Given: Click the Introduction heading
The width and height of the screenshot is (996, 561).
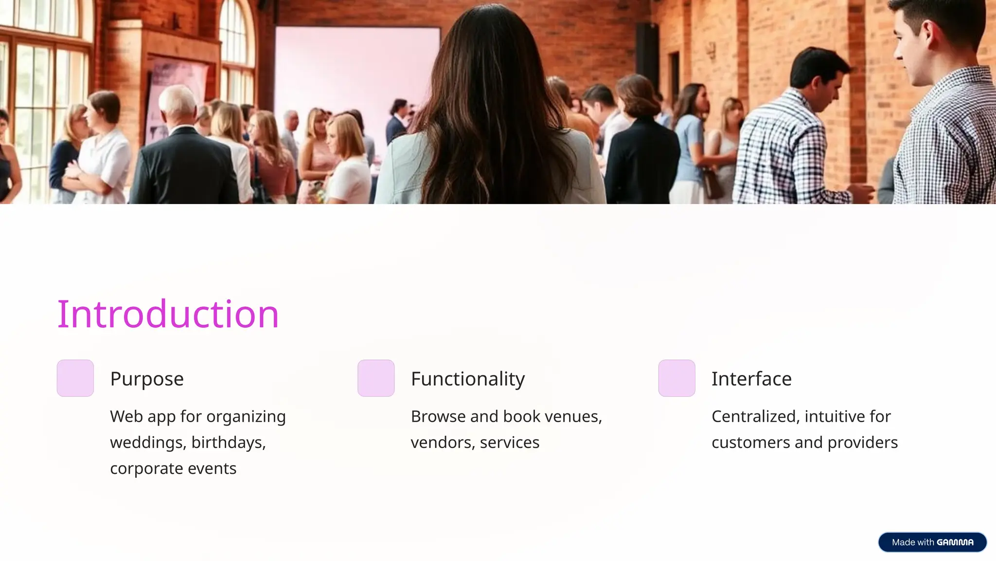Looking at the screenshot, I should click(168, 314).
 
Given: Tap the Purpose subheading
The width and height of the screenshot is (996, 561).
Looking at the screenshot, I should click(147, 379).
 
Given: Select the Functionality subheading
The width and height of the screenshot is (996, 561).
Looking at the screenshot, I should click(468, 379).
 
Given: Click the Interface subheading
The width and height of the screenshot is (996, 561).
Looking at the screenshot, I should click(751, 379).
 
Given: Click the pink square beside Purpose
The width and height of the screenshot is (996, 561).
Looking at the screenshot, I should click(75, 378).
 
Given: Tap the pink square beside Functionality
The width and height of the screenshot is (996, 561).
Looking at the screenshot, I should click(376, 378).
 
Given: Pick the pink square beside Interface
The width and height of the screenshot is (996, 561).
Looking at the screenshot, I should click(676, 378).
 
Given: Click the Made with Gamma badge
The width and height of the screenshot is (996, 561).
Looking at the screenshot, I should click(932, 542).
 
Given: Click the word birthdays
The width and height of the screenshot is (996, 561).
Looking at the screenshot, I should click(228, 443).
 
